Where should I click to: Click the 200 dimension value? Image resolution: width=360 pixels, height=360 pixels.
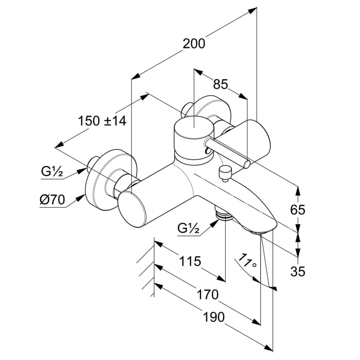(194, 43)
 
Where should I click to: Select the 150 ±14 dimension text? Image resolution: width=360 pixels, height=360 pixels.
(102, 121)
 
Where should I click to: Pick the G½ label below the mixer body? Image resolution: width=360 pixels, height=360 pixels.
(189, 228)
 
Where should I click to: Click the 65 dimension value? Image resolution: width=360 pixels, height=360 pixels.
(298, 210)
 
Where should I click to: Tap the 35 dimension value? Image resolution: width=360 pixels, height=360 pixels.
(298, 272)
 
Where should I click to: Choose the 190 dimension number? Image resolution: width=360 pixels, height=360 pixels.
(213, 317)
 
